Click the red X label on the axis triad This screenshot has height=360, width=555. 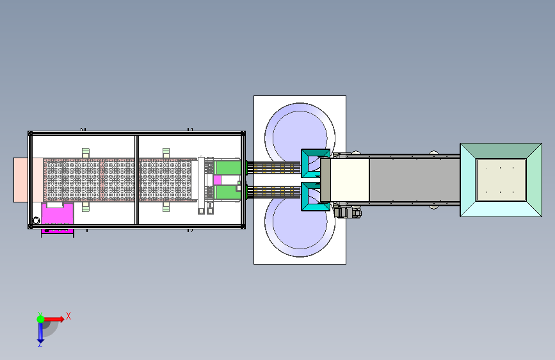pos(68,316)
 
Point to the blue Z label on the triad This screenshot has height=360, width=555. pos(40,344)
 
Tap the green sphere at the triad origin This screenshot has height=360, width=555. pos(41,319)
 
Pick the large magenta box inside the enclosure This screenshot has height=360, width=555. pos(58,215)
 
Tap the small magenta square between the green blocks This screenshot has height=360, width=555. pos(218,180)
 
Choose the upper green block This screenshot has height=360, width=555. pos(228,168)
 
